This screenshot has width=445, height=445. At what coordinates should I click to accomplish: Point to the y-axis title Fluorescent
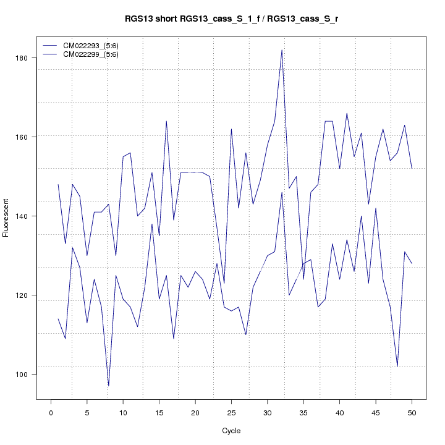coord(6,216)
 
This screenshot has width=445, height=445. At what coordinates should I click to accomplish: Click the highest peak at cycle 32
coord(282,50)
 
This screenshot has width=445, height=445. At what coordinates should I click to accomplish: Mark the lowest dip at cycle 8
coord(108,386)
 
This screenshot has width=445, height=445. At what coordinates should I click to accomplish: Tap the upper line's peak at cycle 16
coord(166,121)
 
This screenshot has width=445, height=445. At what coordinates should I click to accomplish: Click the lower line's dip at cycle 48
coord(397,366)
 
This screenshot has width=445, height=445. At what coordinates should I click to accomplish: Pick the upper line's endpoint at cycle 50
coord(412,168)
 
